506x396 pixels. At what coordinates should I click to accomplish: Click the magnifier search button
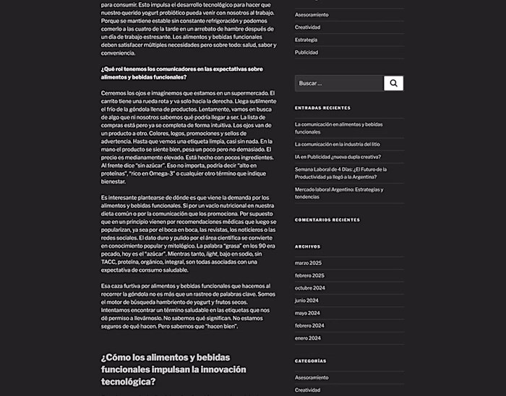click(393, 83)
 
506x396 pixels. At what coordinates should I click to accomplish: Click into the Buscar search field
click(338, 83)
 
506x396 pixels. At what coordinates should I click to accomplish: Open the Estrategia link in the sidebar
click(306, 40)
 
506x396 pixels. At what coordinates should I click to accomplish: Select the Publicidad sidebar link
click(306, 52)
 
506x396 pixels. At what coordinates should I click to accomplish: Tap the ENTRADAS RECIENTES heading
click(322, 108)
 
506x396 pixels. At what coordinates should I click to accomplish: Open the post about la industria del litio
click(337, 145)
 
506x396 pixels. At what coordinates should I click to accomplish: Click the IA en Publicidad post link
click(338, 157)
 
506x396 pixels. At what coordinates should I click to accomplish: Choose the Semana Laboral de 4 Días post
click(340, 173)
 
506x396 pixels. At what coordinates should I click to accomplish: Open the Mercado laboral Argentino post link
click(338, 193)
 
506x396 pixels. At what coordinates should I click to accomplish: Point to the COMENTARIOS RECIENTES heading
click(327, 220)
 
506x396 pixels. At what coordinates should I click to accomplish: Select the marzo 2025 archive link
click(308, 263)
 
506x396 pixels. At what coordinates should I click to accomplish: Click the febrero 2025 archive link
click(309, 275)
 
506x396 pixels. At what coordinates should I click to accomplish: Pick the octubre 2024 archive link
click(310, 288)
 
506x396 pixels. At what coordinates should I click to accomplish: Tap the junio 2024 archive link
click(306, 300)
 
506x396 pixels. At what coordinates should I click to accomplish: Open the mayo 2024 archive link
click(306, 313)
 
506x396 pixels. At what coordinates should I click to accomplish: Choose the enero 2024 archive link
click(307, 337)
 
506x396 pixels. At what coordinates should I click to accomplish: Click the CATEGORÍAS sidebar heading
click(310, 361)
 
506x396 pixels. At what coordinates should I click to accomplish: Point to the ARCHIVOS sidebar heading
click(307, 246)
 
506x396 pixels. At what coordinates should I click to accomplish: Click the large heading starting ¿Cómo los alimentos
click(173, 369)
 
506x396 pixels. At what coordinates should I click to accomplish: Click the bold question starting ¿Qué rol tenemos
click(181, 73)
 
